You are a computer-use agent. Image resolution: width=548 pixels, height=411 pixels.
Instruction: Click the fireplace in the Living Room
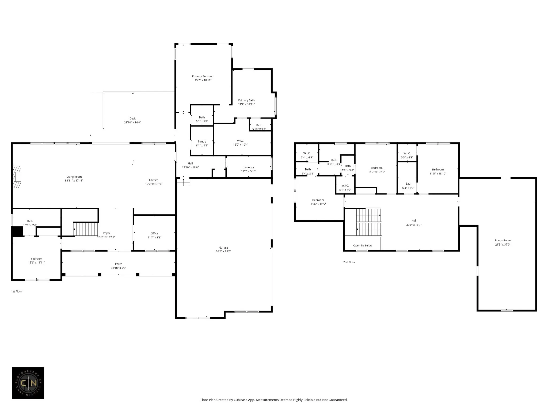(x=17, y=177)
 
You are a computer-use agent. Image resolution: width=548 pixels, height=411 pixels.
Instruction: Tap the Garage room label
(x=223, y=248)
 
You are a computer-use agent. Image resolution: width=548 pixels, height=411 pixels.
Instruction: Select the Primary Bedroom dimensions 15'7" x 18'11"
(x=203, y=80)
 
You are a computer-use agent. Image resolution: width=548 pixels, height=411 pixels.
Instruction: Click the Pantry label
(x=202, y=142)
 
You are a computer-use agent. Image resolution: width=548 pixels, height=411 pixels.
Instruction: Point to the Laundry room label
(x=249, y=168)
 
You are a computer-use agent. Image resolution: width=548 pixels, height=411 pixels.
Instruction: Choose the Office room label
(x=154, y=233)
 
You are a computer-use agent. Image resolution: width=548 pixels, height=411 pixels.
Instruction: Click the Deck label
(x=132, y=119)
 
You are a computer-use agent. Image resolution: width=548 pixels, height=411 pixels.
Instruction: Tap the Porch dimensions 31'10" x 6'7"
(x=119, y=268)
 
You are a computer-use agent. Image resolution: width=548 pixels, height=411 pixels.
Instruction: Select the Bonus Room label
(x=503, y=241)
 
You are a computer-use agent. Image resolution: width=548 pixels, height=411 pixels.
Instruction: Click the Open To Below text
(x=363, y=245)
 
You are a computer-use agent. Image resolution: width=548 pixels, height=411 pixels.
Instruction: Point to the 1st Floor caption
(x=17, y=291)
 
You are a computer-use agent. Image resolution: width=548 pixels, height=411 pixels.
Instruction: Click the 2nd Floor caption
(x=349, y=262)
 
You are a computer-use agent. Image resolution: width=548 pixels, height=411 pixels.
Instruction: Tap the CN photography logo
(x=28, y=383)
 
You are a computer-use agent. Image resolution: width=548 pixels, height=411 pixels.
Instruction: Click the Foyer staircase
(x=86, y=229)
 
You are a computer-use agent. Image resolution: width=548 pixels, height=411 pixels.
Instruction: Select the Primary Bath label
(x=246, y=100)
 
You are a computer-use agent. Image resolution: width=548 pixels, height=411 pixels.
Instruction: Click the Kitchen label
(x=154, y=180)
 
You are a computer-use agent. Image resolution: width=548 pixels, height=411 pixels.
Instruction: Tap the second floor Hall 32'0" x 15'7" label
(x=414, y=223)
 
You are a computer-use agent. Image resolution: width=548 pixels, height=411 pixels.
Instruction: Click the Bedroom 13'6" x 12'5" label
(x=318, y=202)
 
